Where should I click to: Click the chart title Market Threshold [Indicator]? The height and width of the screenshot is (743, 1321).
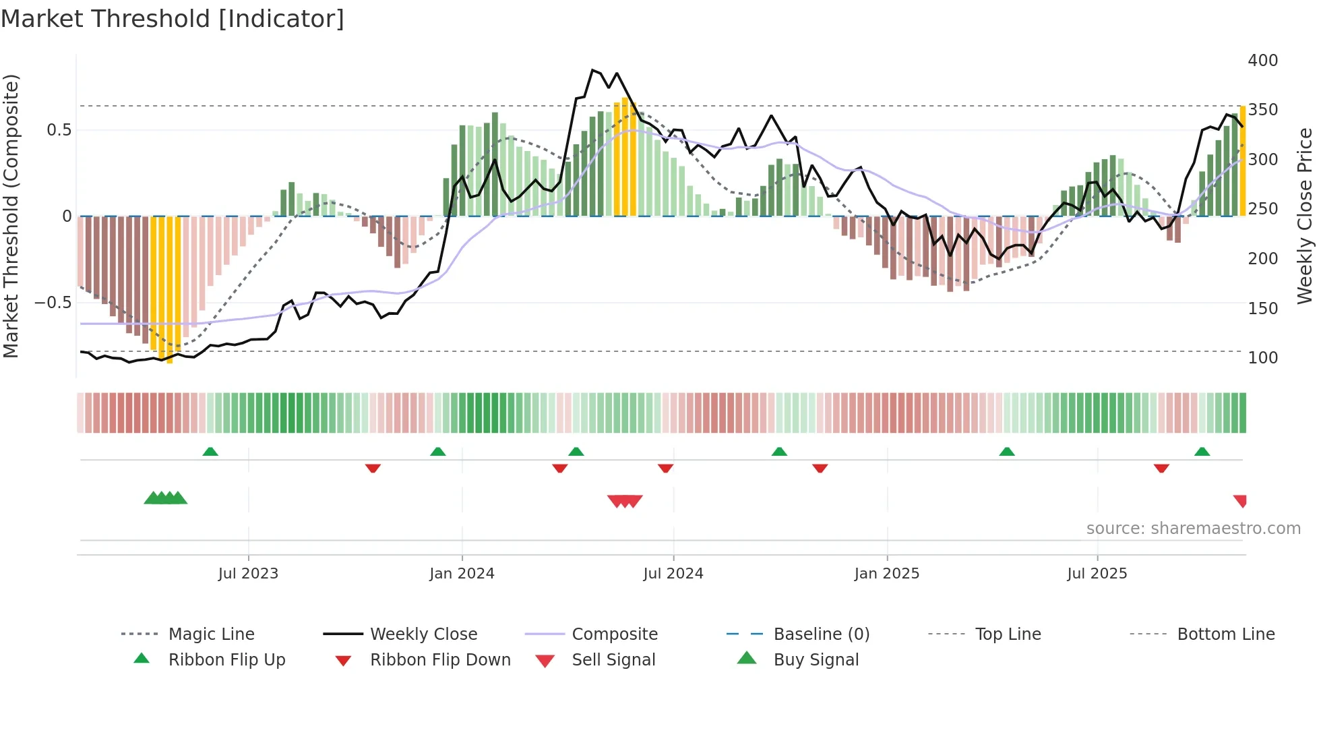(x=173, y=19)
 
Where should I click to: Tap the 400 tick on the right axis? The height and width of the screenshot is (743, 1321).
(x=1262, y=61)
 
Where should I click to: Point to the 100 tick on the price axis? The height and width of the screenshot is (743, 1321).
(x=1262, y=358)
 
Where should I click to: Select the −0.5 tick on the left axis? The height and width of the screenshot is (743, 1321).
(x=53, y=303)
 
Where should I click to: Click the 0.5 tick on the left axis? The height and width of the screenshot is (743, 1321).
(x=59, y=130)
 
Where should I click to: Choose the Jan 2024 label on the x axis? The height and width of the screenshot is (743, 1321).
(x=462, y=574)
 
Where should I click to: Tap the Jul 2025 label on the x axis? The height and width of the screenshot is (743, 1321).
(x=1097, y=574)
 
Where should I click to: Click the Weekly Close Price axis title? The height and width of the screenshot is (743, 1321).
(x=1305, y=216)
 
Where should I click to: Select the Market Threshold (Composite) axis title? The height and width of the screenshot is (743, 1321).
(x=11, y=216)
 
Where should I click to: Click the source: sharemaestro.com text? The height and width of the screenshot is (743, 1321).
(x=1193, y=529)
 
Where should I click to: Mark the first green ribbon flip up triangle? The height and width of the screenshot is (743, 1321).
(x=210, y=452)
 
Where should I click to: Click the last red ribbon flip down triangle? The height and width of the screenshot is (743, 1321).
(x=1161, y=468)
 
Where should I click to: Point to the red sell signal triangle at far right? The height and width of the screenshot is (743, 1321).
(x=1241, y=501)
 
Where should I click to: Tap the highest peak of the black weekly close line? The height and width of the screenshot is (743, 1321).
(x=592, y=70)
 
